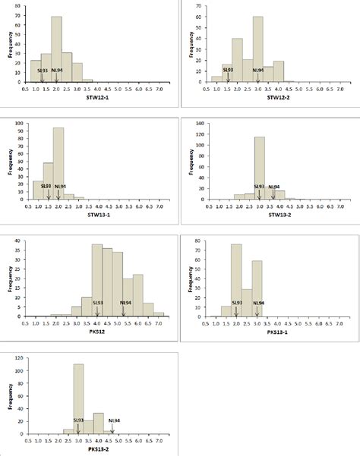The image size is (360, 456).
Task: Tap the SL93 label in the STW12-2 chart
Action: pyautogui.click(x=228, y=70)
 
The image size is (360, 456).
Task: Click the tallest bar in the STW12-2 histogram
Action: pyautogui.click(x=258, y=49)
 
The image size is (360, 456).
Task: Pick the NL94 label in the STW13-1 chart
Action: pyautogui.click(x=61, y=186)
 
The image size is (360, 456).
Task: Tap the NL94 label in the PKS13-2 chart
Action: pyautogui.click(x=113, y=420)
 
